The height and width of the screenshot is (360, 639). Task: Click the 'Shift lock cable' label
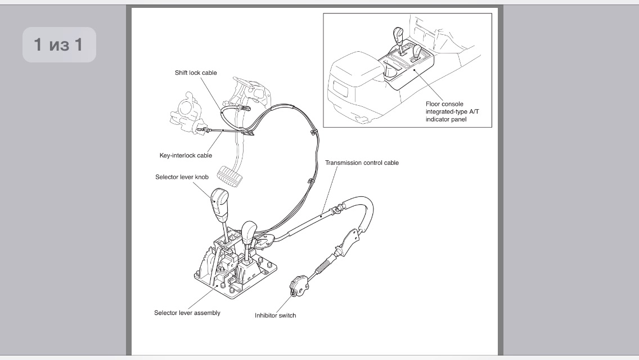(196, 73)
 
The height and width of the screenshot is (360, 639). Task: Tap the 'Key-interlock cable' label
(186, 155)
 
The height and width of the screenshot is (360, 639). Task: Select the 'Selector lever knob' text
(182, 177)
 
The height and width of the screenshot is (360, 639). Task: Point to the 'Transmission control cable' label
(362, 163)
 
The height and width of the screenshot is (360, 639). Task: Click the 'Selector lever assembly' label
(187, 313)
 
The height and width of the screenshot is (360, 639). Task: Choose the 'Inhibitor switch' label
(276, 316)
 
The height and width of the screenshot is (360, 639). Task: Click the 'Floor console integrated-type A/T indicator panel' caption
(452, 112)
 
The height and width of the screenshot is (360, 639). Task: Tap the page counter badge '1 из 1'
(59, 45)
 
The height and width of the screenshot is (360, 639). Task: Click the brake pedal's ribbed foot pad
(230, 176)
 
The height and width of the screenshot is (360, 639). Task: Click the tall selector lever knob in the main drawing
(219, 203)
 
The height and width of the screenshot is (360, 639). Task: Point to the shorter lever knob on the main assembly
(249, 232)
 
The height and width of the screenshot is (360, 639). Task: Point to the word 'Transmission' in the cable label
(343, 163)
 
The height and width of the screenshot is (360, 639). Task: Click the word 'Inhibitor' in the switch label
(266, 316)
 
